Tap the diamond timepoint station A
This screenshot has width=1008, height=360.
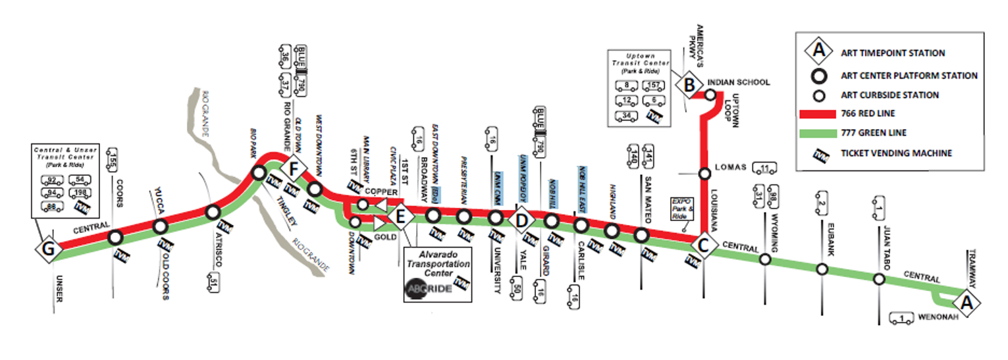967,303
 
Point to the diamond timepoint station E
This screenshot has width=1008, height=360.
400,215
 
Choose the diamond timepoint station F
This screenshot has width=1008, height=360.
294,170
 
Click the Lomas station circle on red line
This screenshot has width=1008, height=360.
704,174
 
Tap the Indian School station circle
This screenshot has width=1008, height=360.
710,95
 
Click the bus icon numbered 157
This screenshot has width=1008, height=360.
654,86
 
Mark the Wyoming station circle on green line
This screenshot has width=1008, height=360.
765,259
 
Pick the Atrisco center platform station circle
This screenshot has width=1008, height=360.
212,213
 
